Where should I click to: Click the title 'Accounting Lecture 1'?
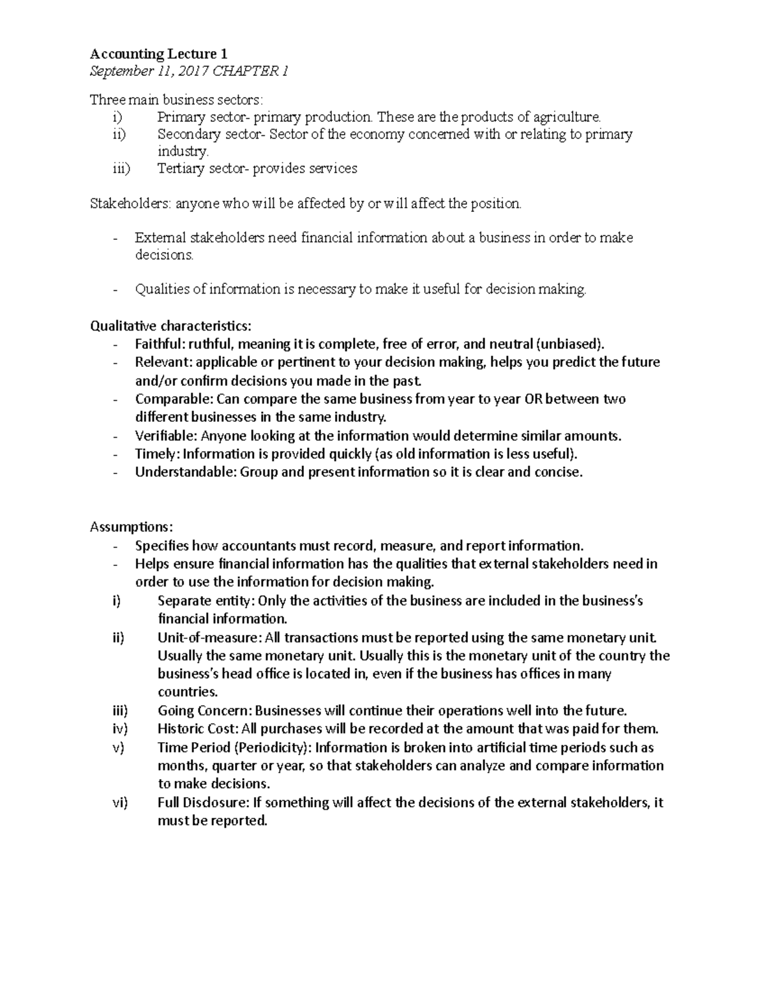click(158, 54)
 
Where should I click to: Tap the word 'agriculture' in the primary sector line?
click(567, 117)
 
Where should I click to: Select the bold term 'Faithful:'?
click(160, 345)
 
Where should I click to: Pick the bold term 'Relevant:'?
click(163, 362)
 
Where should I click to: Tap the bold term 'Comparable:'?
click(174, 399)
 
